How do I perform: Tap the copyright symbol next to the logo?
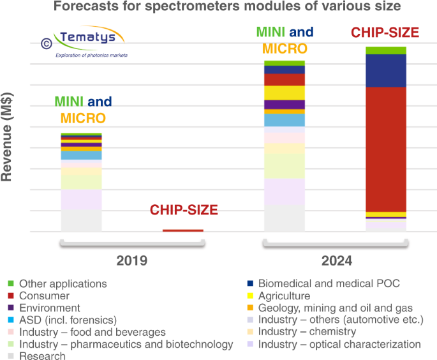click(46, 43)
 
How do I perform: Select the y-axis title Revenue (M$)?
click(8, 137)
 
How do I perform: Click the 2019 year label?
click(131, 260)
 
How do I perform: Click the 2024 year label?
click(336, 260)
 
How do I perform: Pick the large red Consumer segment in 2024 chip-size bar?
click(385, 149)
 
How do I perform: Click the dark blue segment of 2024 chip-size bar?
click(385, 70)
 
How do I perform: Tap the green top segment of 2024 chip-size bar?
click(385, 50)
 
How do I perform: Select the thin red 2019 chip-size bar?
click(182, 230)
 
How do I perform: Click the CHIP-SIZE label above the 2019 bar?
click(184, 210)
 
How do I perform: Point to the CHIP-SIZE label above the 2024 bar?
click(385, 32)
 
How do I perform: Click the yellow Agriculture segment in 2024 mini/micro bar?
click(285, 93)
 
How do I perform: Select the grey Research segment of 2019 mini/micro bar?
click(81, 221)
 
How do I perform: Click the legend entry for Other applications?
click(63, 283)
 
